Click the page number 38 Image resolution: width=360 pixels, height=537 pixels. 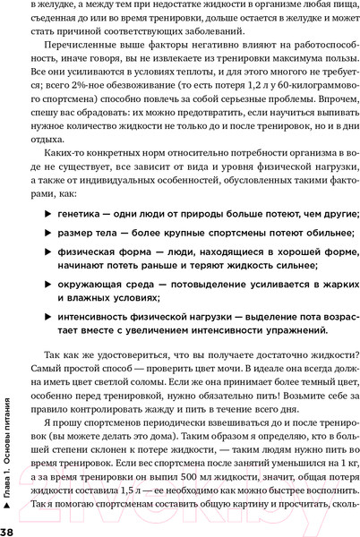[7, 528]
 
